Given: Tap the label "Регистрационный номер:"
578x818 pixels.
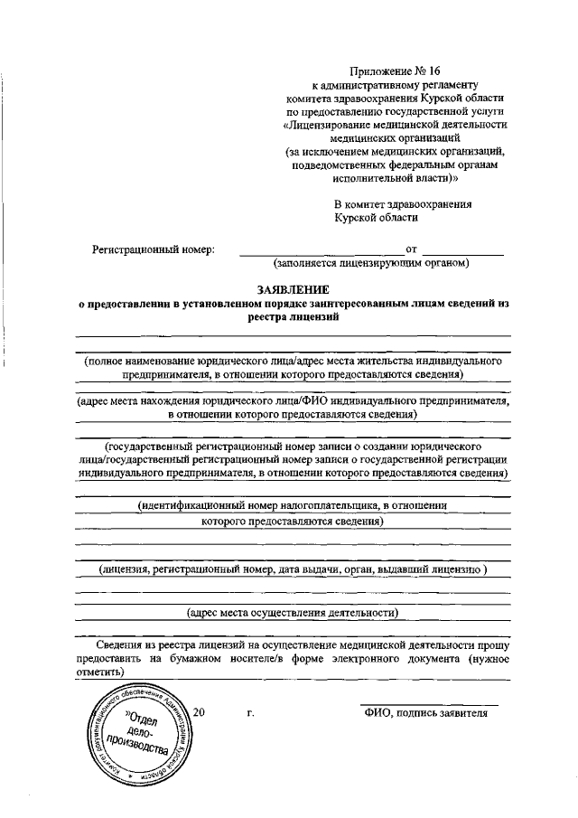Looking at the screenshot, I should point(154,249).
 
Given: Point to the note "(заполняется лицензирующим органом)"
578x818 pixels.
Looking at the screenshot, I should point(371,263).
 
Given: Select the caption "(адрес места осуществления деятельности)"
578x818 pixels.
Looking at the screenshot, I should point(292,612).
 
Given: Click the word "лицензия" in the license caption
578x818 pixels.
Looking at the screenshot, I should point(126,569).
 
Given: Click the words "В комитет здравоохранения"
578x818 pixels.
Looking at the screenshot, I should point(403,204).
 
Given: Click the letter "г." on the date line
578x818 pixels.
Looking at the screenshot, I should point(250,712).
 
